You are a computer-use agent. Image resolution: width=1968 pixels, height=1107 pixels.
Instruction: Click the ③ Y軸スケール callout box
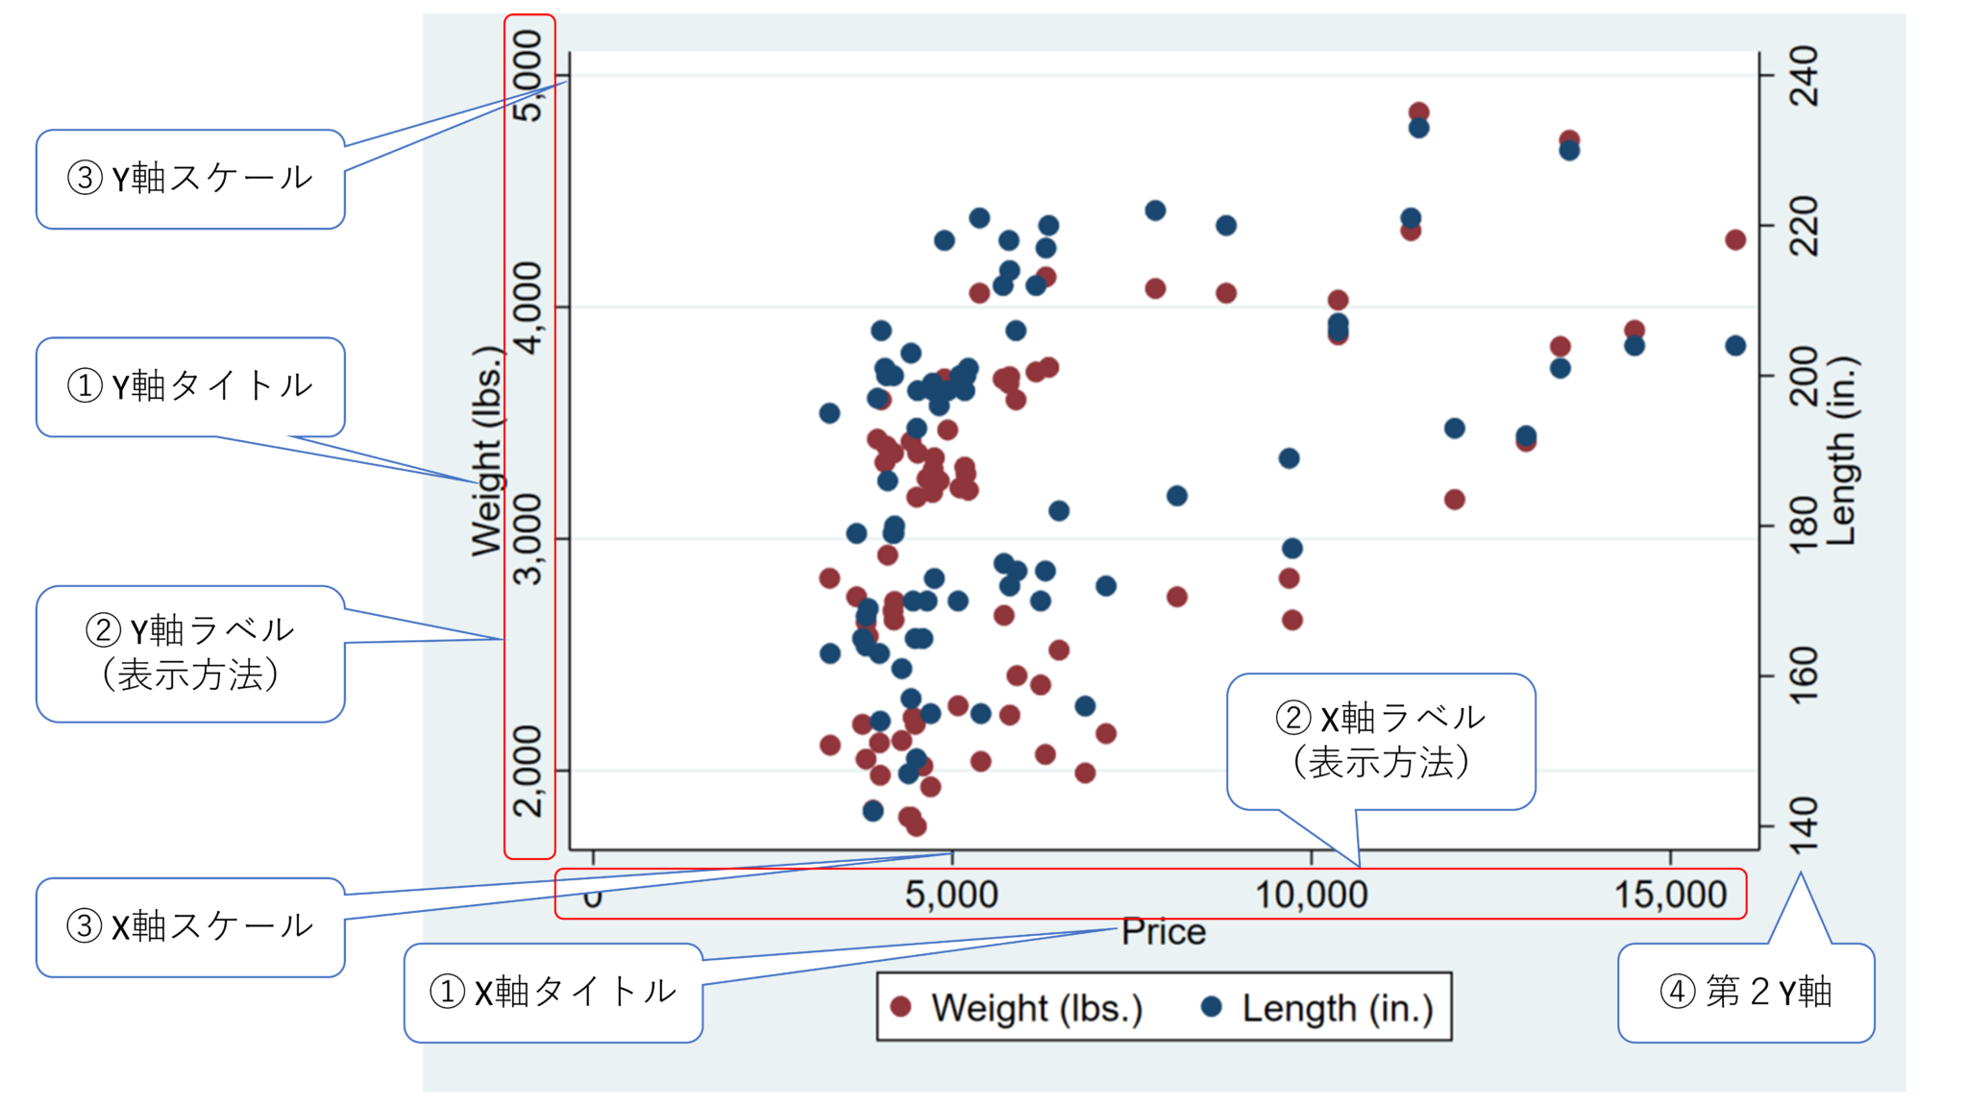pyautogui.click(x=190, y=179)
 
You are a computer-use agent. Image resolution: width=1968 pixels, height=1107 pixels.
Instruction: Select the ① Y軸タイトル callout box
pyautogui.click(x=190, y=386)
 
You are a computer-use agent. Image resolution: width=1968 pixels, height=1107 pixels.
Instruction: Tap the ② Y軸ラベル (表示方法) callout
pyautogui.click(x=190, y=653)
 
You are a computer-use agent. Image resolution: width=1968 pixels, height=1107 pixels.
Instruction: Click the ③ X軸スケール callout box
pyautogui.click(x=190, y=926)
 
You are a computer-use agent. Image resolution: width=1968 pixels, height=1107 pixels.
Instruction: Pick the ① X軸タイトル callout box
pyautogui.click(x=553, y=992)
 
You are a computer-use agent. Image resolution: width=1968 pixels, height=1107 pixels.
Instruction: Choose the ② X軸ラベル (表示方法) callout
pyautogui.click(x=1380, y=741)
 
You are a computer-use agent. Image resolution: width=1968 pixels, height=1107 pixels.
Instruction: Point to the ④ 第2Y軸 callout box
pyautogui.click(x=1745, y=992)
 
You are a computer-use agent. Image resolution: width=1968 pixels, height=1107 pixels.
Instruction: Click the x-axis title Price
pyautogui.click(x=1163, y=932)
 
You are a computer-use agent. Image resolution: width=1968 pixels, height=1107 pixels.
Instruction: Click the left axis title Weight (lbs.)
pyautogui.click(x=487, y=451)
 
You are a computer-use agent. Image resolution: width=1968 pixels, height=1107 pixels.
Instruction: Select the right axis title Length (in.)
pyautogui.click(x=1841, y=451)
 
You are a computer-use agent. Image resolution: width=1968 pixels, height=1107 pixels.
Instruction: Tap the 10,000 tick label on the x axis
pyautogui.click(x=1311, y=895)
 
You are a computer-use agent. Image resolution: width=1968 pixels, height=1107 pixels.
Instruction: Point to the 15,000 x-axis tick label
pyautogui.click(x=1670, y=895)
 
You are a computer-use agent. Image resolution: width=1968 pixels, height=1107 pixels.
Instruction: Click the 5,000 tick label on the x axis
pyautogui.click(x=951, y=895)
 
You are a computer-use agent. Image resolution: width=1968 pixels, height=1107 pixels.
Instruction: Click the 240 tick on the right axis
pyautogui.click(x=1805, y=76)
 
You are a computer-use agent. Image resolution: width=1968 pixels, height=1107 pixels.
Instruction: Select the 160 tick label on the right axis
pyautogui.click(x=1805, y=676)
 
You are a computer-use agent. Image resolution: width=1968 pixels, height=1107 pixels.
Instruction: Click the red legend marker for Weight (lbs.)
pyautogui.click(x=900, y=1006)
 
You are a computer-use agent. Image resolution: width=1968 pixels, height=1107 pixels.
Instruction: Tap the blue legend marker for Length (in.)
pyautogui.click(x=1212, y=1006)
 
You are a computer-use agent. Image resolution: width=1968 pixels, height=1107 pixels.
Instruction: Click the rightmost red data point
pyautogui.click(x=1734, y=239)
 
